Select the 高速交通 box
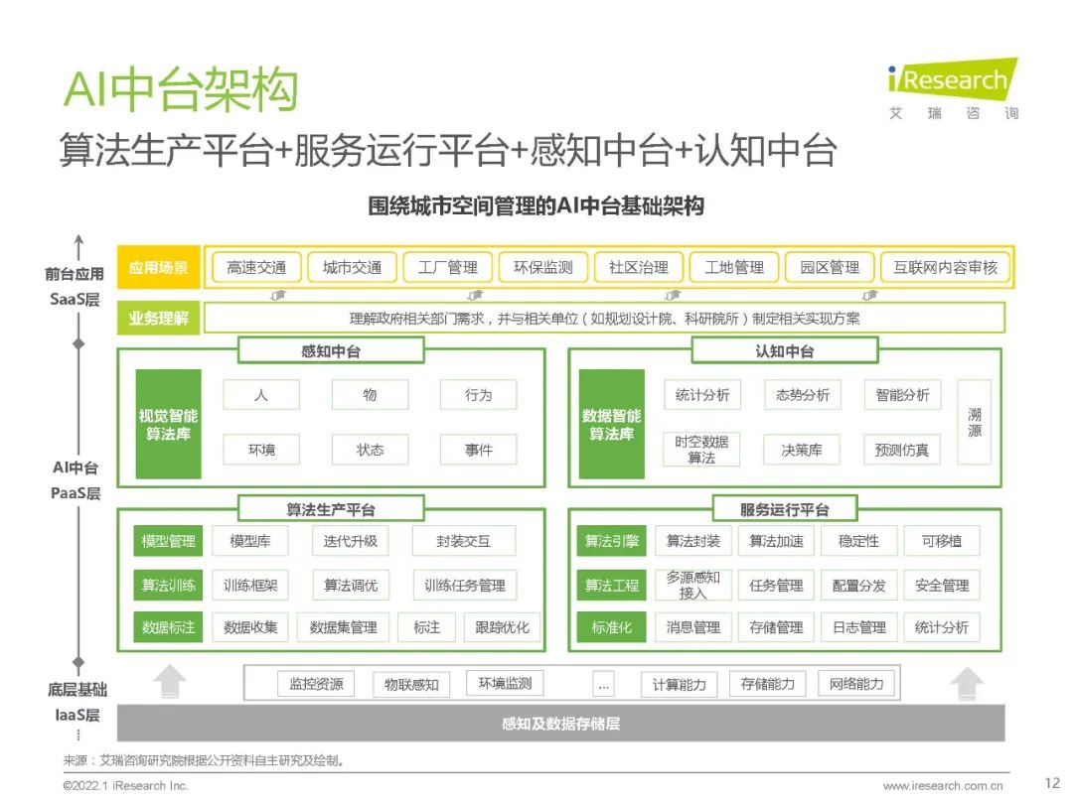pyautogui.click(x=256, y=268)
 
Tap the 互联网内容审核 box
pyautogui.click(x=945, y=268)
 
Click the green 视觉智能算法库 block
pyautogui.click(x=168, y=424)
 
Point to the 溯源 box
pyautogui.click(x=974, y=423)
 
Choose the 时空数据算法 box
pyautogui.click(x=701, y=450)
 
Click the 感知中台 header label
pyautogui.click(x=331, y=351)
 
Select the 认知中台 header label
pyautogui.click(x=784, y=351)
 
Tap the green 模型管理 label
pyautogui.click(x=169, y=541)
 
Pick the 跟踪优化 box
pyautogui.click(x=502, y=627)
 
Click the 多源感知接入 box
pyautogui.click(x=693, y=586)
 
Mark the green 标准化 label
pyautogui.click(x=611, y=627)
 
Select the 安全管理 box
pyautogui.click(x=942, y=586)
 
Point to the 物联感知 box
pyautogui.click(x=411, y=685)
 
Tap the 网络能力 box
pyautogui.click(x=856, y=684)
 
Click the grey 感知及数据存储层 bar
pyautogui.click(x=560, y=725)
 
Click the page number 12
pyautogui.click(x=1053, y=783)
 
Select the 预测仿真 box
pyautogui.click(x=901, y=450)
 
